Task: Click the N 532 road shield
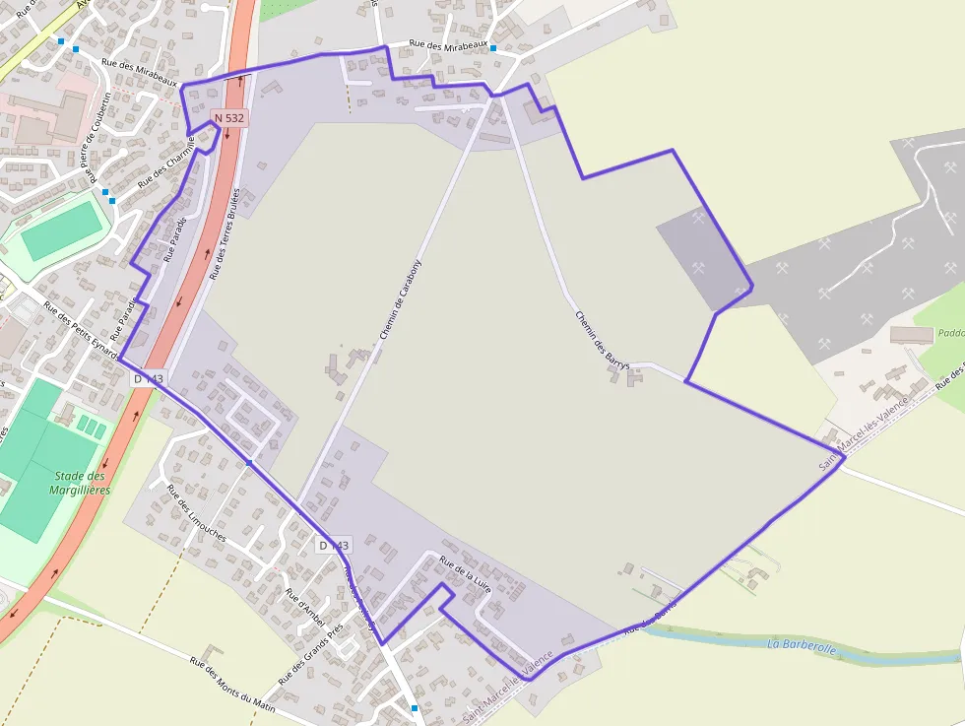[229, 118]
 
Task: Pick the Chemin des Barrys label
[602, 341]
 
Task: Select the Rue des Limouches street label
[196, 513]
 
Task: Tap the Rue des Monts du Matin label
[232, 688]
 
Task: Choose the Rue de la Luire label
[465, 573]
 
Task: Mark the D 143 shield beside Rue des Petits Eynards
[148, 378]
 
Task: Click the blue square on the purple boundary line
[250, 461]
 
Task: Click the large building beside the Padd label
[911, 335]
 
